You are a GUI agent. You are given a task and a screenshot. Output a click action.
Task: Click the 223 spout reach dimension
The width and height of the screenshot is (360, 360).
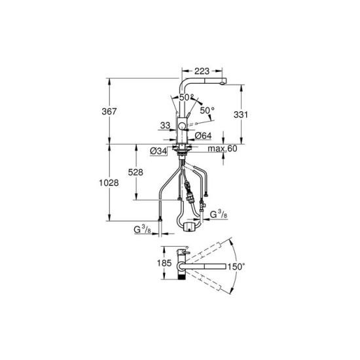[x=202, y=71]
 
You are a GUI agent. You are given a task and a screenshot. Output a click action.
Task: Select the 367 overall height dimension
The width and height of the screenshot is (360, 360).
[x=109, y=111]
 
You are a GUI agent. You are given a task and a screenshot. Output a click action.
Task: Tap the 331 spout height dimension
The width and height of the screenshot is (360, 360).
[x=241, y=115]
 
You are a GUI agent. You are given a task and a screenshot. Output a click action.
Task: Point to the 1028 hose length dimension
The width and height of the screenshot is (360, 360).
[x=109, y=183]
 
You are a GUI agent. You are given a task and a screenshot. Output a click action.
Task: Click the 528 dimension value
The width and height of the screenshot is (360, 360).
[x=135, y=172]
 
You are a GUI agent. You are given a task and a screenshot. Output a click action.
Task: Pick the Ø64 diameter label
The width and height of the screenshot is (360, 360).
[x=203, y=135]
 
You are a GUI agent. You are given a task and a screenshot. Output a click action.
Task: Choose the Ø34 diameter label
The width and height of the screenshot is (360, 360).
[x=158, y=151]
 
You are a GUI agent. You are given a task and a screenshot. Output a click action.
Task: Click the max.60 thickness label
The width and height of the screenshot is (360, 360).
[x=223, y=149]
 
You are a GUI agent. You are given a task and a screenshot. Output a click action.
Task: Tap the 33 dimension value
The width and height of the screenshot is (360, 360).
[x=165, y=126]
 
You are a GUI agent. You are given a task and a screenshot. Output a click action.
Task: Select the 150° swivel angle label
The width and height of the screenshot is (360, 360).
[x=236, y=267]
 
